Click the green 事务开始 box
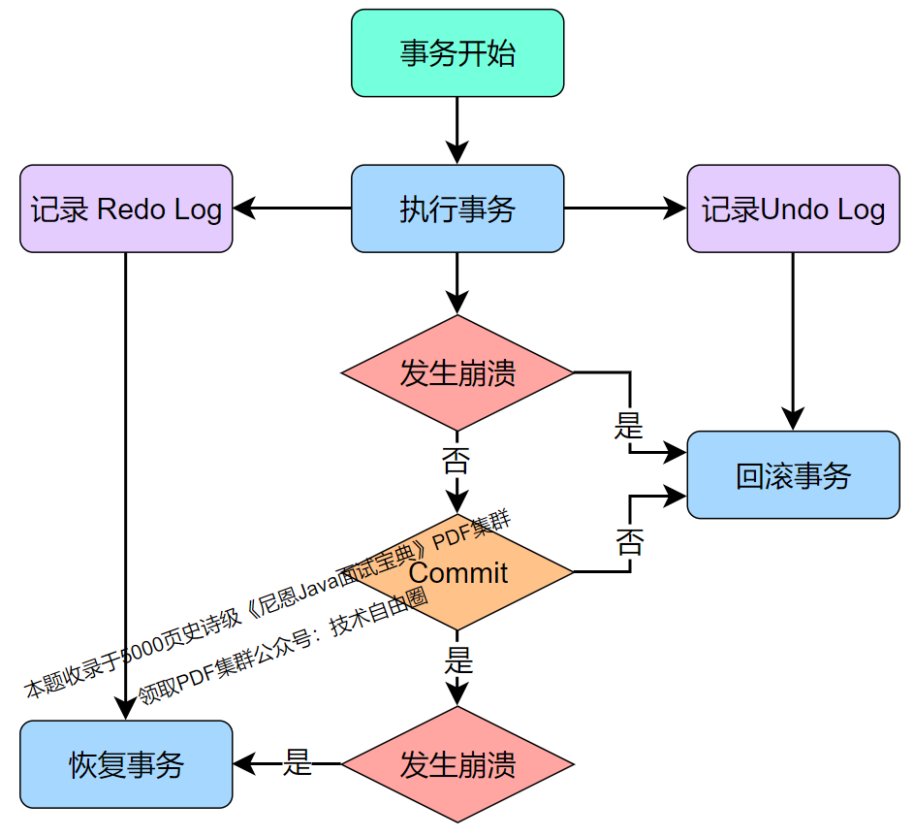point(457,53)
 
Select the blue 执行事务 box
point(457,209)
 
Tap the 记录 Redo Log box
point(126,209)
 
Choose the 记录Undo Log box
point(794,209)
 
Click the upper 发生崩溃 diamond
point(457,373)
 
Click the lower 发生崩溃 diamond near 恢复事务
point(457,764)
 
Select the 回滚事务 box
point(794,475)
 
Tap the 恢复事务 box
point(126,764)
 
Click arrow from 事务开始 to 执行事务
point(457,130)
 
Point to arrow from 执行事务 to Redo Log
point(291,208)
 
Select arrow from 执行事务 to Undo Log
point(625,208)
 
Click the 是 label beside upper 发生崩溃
point(629,425)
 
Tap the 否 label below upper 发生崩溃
point(456,460)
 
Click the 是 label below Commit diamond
point(457,661)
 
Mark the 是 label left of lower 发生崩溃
point(297,763)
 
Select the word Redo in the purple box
point(132,209)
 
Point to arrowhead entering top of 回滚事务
point(794,420)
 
